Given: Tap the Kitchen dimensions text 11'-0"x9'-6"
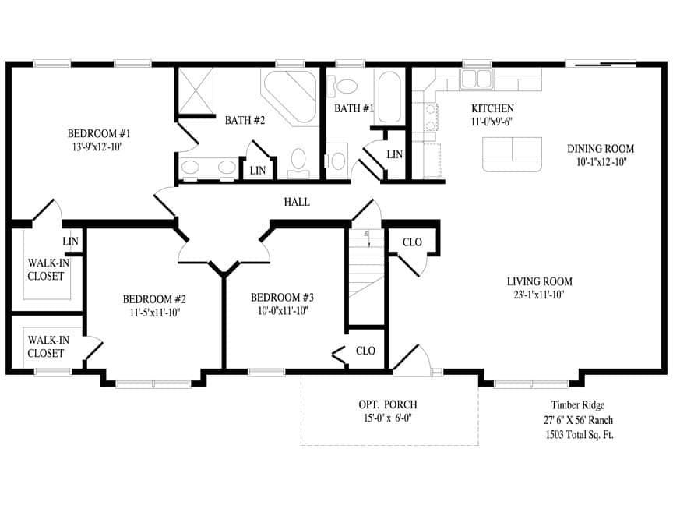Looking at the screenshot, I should pyautogui.click(x=492, y=122).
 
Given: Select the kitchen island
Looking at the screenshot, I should pyautogui.click(x=512, y=154).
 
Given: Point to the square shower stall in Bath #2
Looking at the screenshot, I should pyautogui.click(x=196, y=92).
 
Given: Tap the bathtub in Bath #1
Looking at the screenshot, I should pyautogui.click(x=389, y=97).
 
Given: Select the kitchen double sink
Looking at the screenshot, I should pyautogui.click(x=476, y=79).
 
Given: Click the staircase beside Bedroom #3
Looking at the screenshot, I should pyautogui.click(x=366, y=265).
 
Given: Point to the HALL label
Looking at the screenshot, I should pyautogui.click(x=296, y=202).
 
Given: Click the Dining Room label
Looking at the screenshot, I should pyautogui.click(x=600, y=149).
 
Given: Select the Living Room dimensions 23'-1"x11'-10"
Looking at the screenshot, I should pyautogui.click(x=539, y=295).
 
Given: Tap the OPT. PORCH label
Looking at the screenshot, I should pyautogui.click(x=389, y=404).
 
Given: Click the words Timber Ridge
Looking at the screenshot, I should pyautogui.click(x=577, y=405).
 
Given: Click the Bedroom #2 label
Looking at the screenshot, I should pyautogui.click(x=153, y=298).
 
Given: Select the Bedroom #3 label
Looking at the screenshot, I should pyautogui.click(x=282, y=298).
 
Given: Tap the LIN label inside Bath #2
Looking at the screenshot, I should pyautogui.click(x=257, y=169).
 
